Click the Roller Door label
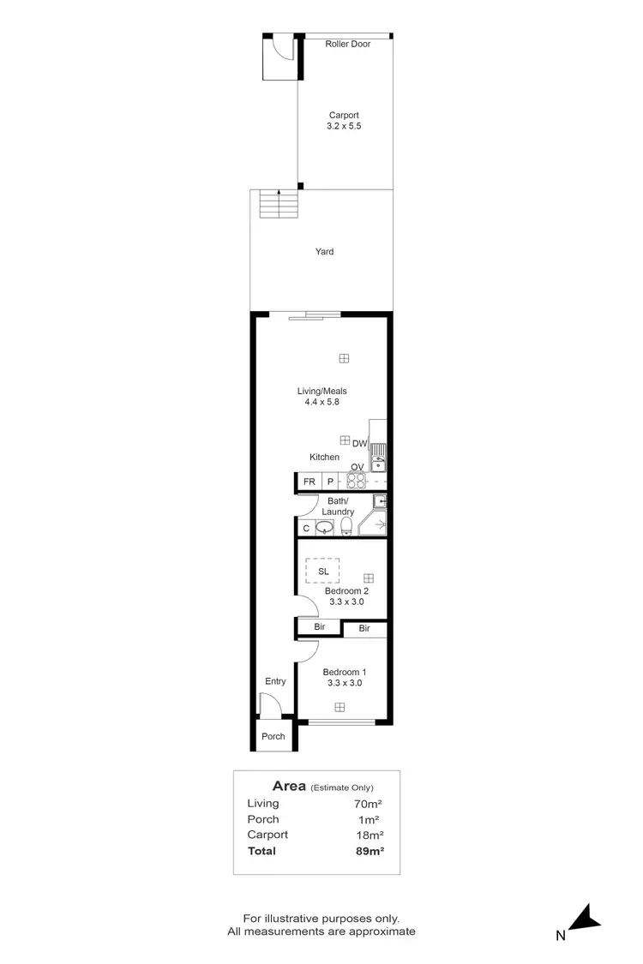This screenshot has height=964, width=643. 347,44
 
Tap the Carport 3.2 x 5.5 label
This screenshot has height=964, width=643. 343,121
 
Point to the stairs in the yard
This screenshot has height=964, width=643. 279,204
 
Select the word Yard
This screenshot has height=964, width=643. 324,252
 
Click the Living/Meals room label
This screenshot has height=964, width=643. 323,396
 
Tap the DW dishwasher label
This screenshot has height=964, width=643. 359,443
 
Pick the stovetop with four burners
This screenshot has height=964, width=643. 357,480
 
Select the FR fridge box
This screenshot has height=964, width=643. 309,482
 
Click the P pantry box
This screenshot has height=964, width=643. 330,482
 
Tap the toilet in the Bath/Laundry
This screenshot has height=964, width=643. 347,525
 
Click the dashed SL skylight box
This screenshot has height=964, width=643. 323,572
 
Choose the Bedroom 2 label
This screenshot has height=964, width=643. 346,596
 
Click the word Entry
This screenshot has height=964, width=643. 275,681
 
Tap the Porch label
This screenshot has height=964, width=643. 273,736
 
